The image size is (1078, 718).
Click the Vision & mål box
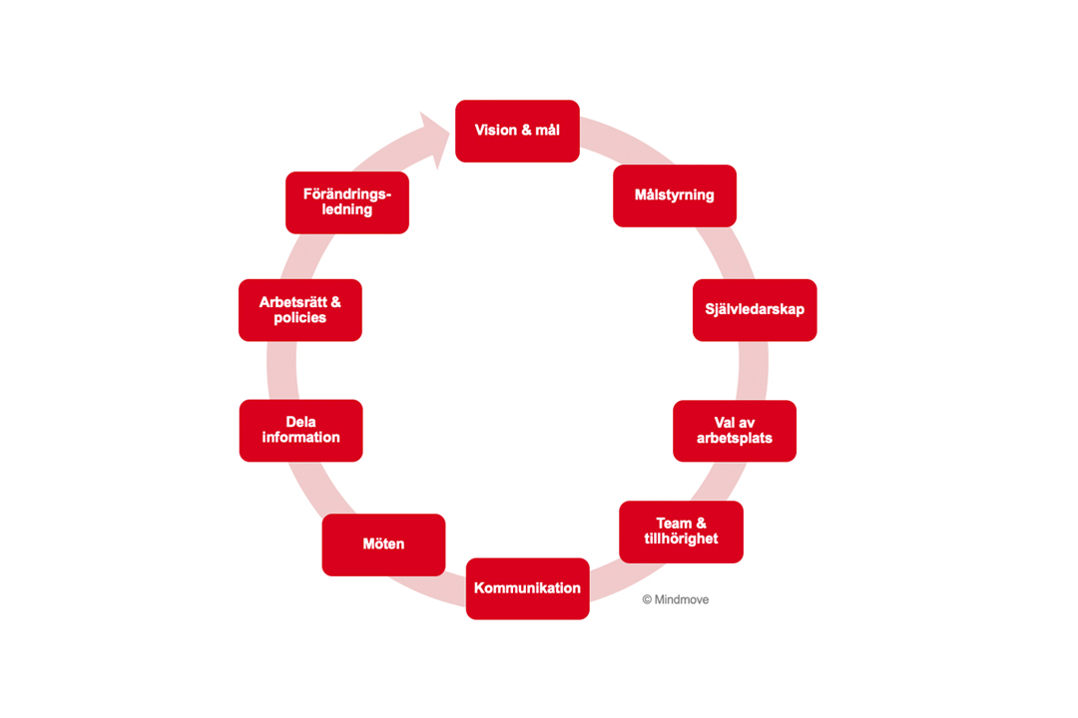coord(517,131)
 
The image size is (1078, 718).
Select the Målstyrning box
coord(675,195)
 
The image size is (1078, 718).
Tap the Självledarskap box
coord(755,310)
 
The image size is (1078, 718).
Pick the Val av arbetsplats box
coord(735,431)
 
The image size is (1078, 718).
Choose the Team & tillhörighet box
coord(681,532)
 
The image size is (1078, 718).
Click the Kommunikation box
coord(527,588)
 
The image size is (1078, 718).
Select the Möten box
coord(383,544)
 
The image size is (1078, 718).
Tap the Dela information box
coord(300,430)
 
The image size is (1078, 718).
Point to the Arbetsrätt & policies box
coord(300,310)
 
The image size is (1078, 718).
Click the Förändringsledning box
coord(347,202)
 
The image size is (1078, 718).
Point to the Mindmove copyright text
coord(676,600)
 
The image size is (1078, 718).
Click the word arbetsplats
coord(735,439)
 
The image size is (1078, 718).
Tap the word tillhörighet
coord(681,539)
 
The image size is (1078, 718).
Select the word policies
coord(300,318)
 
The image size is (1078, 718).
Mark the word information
coord(300,438)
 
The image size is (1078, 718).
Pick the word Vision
coord(496,131)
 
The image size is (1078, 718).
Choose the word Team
coord(674,524)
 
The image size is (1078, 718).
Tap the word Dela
coord(300,422)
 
